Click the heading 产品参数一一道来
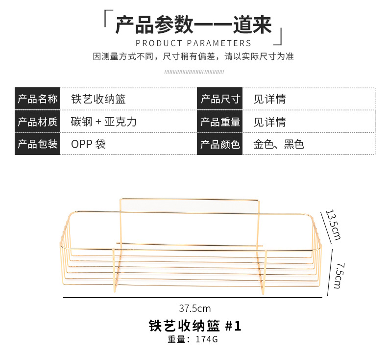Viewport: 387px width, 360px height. pyautogui.click(x=193, y=25)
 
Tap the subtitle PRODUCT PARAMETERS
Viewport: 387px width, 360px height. pyautogui.click(x=193, y=43)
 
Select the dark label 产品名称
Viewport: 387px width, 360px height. pyautogui.click(x=37, y=100)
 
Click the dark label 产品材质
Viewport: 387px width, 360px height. pyautogui.click(x=37, y=122)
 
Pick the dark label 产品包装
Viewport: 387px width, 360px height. pyautogui.click(x=37, y=144)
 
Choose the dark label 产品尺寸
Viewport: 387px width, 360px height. pyautogui.click(x=220, y=100)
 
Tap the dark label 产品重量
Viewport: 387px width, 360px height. pyautogui.click(x=220, y=122)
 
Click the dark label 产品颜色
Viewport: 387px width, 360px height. pyautogui.click(x=220, y=144)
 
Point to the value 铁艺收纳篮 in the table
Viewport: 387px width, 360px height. pyautogui.click(x=98, y=100)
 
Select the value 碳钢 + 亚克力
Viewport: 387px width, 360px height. pyautogui.click(x=103, y=122)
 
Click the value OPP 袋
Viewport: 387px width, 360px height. pyautogui.click(x=88, y=144)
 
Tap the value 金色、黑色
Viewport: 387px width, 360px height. pyautogui.click(x=278, y=144)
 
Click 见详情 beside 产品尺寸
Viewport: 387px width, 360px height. pyautogui.click(x=269, y=100)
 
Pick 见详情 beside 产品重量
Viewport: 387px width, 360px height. pyautogui.click(x=269, y=122)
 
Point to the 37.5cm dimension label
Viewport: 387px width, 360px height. pyautogui.click(x=194, y=309)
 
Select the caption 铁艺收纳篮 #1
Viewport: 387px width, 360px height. pyautogui.click(x=194, y=326)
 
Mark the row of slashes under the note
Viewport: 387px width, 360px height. pyautogui.click(x=193, y=72)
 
